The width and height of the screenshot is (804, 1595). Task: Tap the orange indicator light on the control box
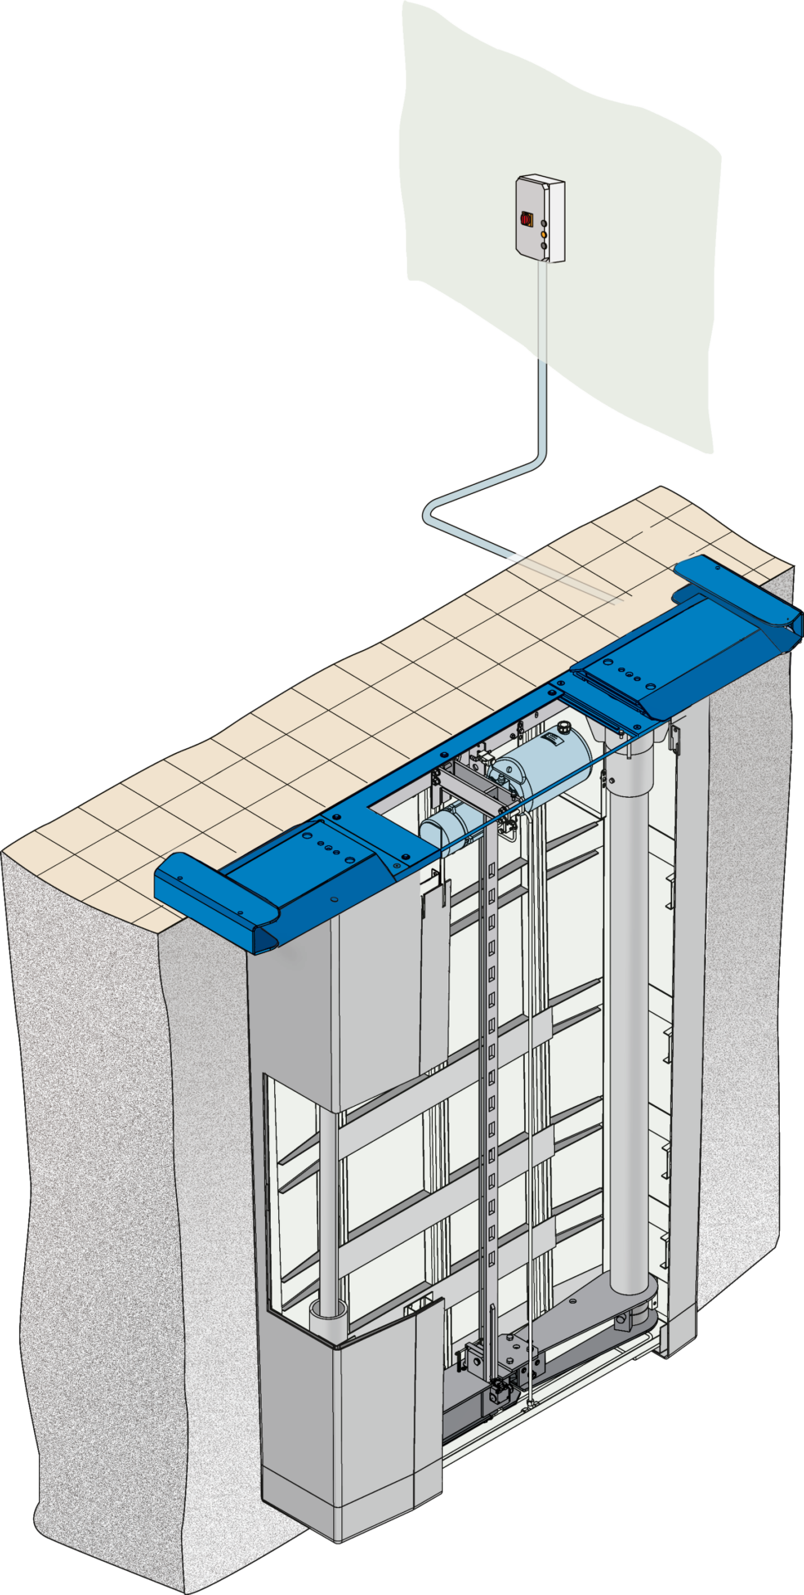pyautogui.click(x=543, y=235)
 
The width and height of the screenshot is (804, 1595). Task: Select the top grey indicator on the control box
pyautogui.click(x=543, y=223)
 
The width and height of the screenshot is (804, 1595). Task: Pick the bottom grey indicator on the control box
pyautogui.click(x=543, y=247)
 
